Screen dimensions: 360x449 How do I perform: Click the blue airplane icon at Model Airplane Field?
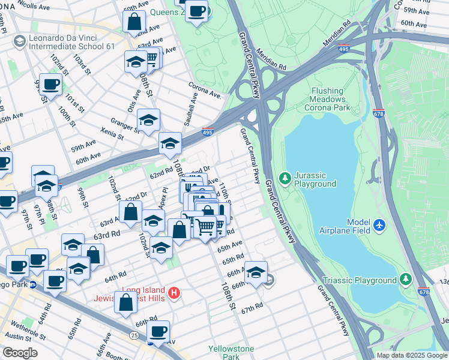coord(379,224)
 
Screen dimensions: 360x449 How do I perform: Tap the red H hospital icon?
coord(174,293)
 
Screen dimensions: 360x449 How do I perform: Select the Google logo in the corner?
coord(20,353)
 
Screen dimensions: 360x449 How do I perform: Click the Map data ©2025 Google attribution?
coord(412,355)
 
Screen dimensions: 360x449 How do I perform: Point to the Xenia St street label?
coord(112,136)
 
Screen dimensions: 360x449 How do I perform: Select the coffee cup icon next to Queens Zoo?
coord(196,10)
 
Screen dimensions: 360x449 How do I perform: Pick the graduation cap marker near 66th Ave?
coord(256,273)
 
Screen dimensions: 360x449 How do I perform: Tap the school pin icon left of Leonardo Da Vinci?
coord(19,40)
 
